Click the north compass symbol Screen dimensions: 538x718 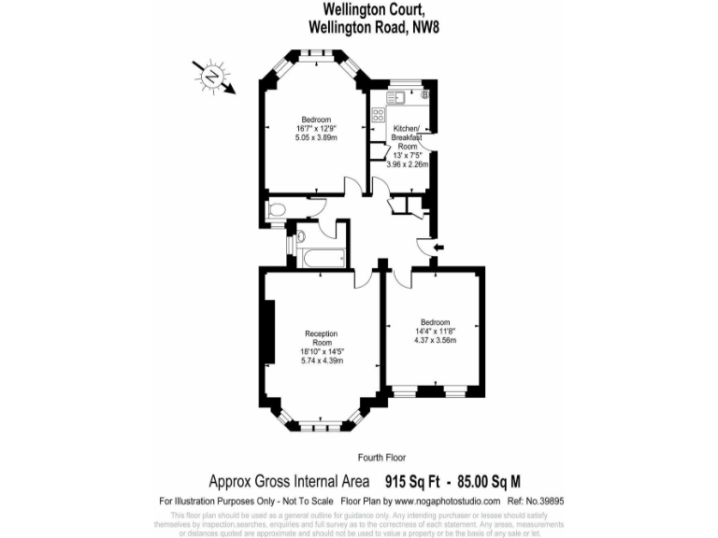213,76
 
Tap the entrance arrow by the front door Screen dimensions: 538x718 439,248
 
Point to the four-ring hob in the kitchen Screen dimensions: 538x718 379,116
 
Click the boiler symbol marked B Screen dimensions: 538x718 424,94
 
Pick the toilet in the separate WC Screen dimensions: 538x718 273,212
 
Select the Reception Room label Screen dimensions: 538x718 322,338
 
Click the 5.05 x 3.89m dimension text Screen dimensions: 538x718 316,137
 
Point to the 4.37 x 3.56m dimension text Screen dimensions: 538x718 435,341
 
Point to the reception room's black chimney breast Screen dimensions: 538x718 269,332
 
